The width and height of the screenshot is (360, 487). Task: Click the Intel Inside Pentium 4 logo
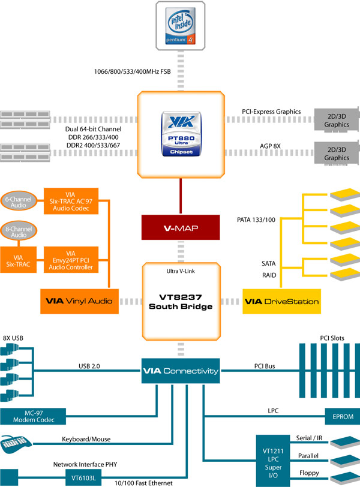click(x=181, y=24)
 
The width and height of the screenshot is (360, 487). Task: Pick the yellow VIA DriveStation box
click(x=281, y=301)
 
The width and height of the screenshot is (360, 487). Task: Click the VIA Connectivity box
click(x=181, y=371)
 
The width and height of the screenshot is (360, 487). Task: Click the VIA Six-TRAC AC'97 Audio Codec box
click(x=71, y=202)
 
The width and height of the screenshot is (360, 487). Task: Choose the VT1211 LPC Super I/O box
click(x=273, y=459)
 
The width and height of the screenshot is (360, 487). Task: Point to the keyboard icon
click(x=19, y=446)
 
